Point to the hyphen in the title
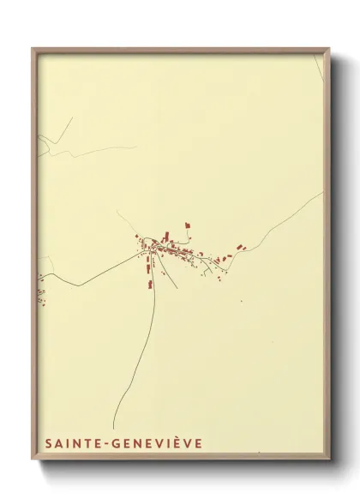click(108, 443)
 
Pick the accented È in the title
click(178, 442)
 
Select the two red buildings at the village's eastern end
click(240, 249)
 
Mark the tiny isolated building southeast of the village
click(241, 301)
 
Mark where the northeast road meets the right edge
click(322, 194)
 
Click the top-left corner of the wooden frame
click(33, 49)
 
